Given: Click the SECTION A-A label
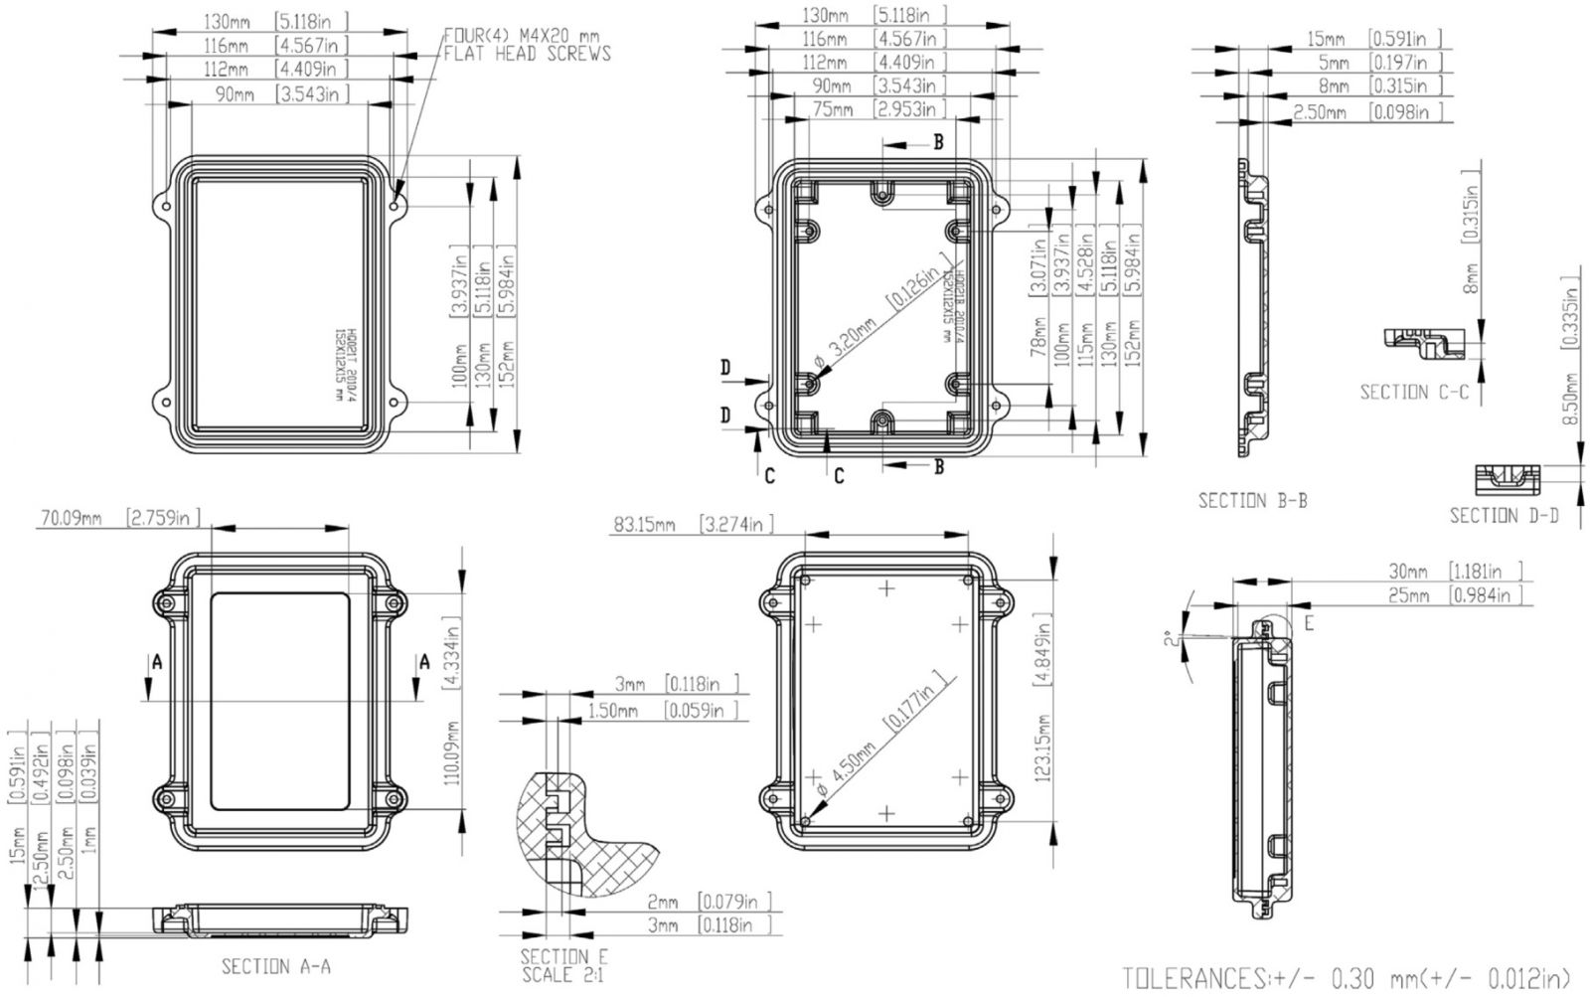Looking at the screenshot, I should pyautogui.click(x=275, y=966).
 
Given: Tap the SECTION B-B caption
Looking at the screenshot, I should pyautogui.click(x=1252, y=500).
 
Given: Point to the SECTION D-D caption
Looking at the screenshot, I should pyautogui.click(x=1504, y=515).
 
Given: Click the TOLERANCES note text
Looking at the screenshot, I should pyautogui.click(x=1347, y=978).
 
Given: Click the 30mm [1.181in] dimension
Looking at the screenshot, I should pyautogui.click(x=1456, y=572).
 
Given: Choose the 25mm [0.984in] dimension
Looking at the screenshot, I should pyautogui.click(x=1456, y=595).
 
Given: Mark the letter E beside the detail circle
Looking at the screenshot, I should pyautogui.click(x=1309, y=624).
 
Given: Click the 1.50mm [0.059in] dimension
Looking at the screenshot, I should pyautogui.click(x=664, y=710).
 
